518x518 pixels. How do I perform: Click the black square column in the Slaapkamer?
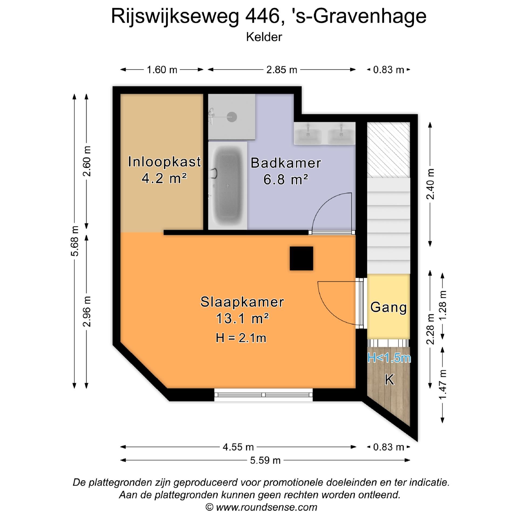click(301, 258)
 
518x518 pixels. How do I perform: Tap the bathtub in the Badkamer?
click(228, 186)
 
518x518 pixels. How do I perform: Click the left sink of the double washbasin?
click(308, 133)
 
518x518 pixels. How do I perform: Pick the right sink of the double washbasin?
click(341, 133)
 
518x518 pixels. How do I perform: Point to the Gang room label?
click(388, 307)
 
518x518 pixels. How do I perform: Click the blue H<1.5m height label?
click(389, 358)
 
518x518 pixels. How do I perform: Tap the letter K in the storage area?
click(389, 380)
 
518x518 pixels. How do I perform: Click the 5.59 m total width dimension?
click(265, 460)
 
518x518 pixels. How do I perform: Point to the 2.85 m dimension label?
click(282, 70)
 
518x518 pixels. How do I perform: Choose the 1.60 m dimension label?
click(162, 70)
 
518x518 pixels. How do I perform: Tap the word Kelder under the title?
click(264, 37)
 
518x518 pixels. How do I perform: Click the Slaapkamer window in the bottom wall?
click(264, 395)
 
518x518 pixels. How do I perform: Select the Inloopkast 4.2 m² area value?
click(164, 178)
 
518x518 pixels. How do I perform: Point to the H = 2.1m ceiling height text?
click(241, 338)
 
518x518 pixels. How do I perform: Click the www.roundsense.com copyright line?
click(261, 507)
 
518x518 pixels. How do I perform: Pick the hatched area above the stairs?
click(388, 150)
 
